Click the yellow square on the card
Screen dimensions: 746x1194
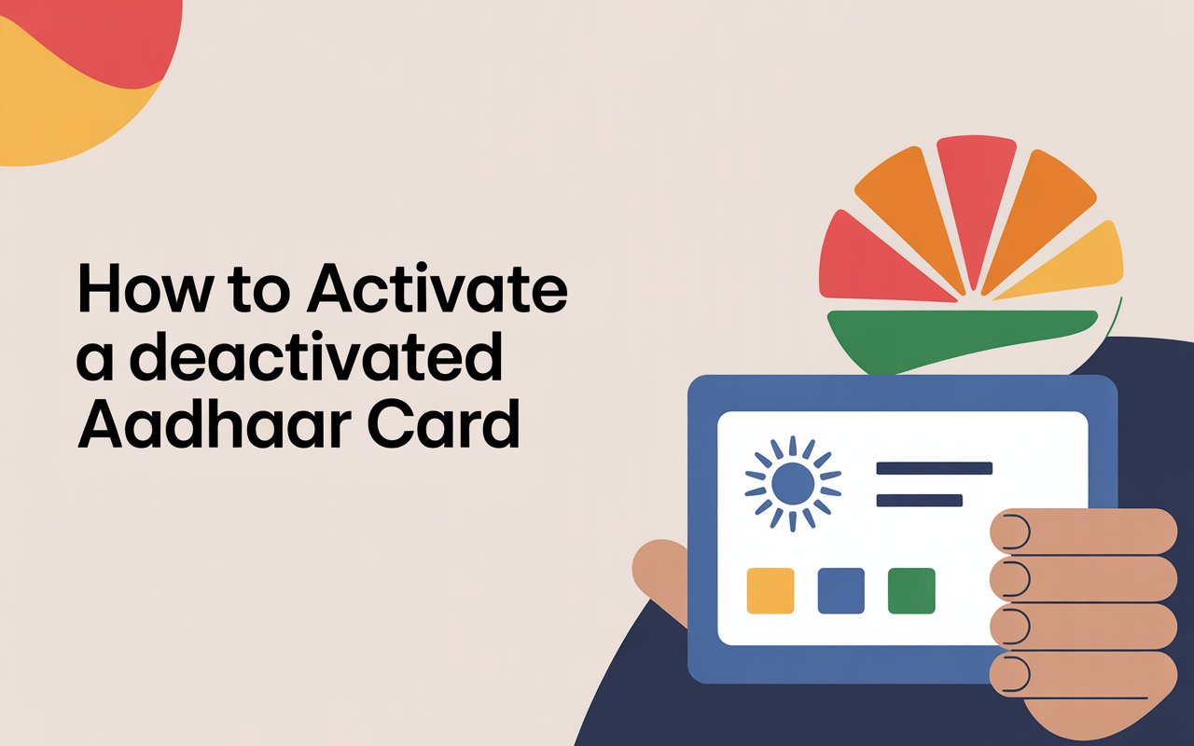[771, 590]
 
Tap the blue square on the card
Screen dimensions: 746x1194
[840, 590]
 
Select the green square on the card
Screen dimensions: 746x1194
[911, 590]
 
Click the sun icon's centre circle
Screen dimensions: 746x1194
[793, 484]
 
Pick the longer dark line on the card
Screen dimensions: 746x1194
[934, 468]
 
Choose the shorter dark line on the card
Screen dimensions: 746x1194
[919, 501]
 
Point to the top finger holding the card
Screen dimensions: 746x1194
[1082, 532]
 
